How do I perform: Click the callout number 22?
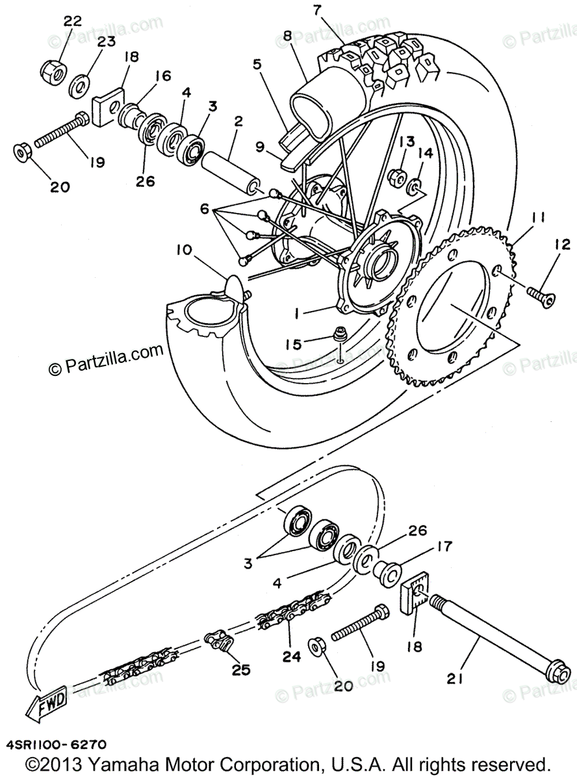coord(72,21)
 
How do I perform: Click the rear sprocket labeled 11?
coord(455,312)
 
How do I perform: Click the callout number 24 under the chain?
coord(292,656)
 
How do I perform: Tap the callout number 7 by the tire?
coord(316,10)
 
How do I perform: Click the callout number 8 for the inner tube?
coord(287,36)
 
